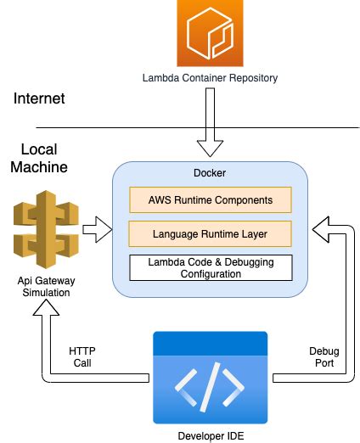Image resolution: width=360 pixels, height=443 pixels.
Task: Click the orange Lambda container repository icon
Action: pos(209,33)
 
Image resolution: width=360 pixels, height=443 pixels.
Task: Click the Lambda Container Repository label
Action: pos(209,79)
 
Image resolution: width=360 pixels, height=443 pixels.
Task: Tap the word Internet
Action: pos(39,99)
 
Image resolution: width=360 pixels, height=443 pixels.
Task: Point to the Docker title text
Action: pos(210,172)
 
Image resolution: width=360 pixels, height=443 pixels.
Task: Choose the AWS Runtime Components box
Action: pos(210,200)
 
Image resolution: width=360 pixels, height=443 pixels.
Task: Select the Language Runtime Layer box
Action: pos(210,232)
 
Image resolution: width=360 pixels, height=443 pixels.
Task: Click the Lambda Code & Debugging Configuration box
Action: pos(210,267)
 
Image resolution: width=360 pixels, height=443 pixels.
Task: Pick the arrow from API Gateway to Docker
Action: pos(98,227)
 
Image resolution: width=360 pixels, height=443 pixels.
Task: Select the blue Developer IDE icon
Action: pos(209,377)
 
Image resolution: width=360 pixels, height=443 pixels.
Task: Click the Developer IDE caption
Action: pos(209,435)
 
